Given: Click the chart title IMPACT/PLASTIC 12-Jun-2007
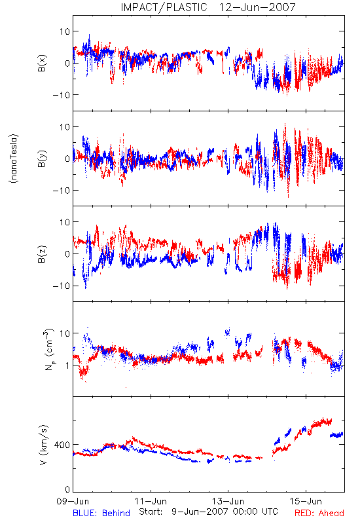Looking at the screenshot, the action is pos(208,7).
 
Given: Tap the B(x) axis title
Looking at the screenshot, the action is pos(42,63).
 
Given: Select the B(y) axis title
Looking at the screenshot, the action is pos(42,159).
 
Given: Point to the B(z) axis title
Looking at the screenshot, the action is pos(42,254).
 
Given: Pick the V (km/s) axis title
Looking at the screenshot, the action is pos(43,445).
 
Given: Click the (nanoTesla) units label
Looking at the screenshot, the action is pos(14,159).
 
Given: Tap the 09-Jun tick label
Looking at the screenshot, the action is pos(73,501).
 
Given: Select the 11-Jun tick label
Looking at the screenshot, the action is pos(151,501).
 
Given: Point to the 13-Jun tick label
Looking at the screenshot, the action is pos(228,501).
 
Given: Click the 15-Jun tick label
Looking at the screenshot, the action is pos(306,501).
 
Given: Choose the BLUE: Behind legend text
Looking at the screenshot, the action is pos(101,513).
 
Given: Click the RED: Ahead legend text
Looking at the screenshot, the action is pos(319,513).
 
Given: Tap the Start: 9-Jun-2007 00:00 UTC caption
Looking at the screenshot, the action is pos(208,512).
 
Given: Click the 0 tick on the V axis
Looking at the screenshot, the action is pos(67,490).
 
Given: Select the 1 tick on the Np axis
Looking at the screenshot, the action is pos(67,365).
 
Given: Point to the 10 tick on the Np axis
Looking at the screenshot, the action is pos(65,333).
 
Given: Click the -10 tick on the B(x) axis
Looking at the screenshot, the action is pos(62,95).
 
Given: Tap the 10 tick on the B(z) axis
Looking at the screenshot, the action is pos(65,222).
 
